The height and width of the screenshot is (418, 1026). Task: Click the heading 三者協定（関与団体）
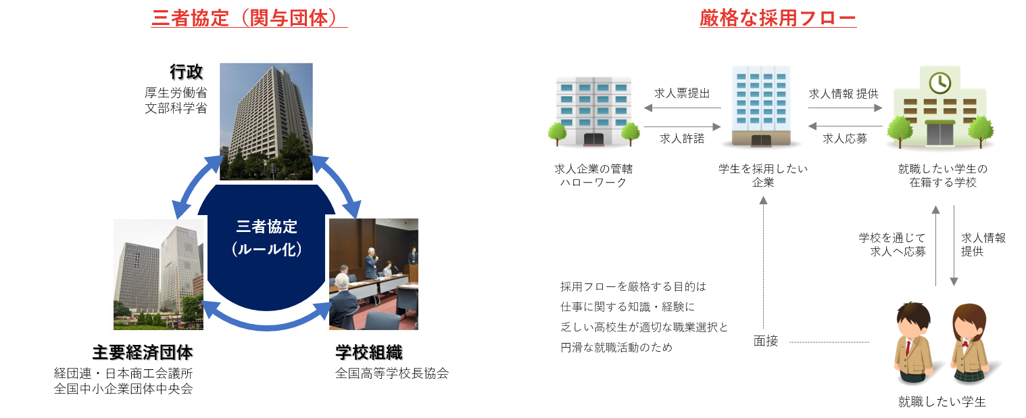[x=249, y=18]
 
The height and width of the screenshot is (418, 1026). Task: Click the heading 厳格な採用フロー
[x=778, y=18]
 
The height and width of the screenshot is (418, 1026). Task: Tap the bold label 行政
[x=186, y=72]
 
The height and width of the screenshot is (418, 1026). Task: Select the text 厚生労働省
[x=176, y=93]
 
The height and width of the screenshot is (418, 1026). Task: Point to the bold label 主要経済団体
[x=143, y=352]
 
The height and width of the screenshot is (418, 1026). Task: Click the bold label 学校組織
[x=369, y=352]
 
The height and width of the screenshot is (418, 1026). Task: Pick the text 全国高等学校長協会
[x=391, y=373]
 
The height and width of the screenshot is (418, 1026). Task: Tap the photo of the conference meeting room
[x=374, y=274]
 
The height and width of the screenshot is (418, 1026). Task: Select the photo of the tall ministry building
[x=266, y=122]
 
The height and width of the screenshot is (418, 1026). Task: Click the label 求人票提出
[x=682, y=93]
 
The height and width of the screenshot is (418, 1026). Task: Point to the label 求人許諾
[x=682, y=139]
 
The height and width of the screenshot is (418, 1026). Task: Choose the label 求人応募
[x=845, y=139]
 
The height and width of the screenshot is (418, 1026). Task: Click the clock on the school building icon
[x=940, y=83]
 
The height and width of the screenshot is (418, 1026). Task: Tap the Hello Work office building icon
[x=593, y=112]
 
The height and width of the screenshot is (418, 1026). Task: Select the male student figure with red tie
[x=914, y=343]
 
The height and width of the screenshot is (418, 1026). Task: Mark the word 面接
[x=766, y=341]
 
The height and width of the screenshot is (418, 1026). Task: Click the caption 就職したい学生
[x=942, y=402]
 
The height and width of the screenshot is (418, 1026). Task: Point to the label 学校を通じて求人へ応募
[x=892, y=244]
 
